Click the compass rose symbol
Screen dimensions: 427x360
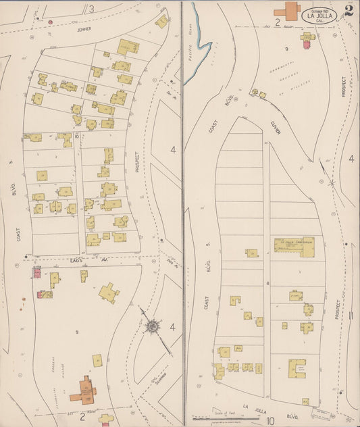click(x=153, y=326)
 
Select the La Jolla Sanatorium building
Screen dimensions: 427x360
click(x=294, y=247)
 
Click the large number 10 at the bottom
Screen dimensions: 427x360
click(x=270, y=402)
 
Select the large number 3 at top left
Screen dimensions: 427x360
click(x=91, y=8)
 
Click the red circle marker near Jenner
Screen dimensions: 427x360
click(x=50, y=22)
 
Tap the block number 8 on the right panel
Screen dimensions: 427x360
click(x=268, y=282)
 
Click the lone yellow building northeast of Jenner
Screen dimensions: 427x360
click(x=161, y=21)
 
